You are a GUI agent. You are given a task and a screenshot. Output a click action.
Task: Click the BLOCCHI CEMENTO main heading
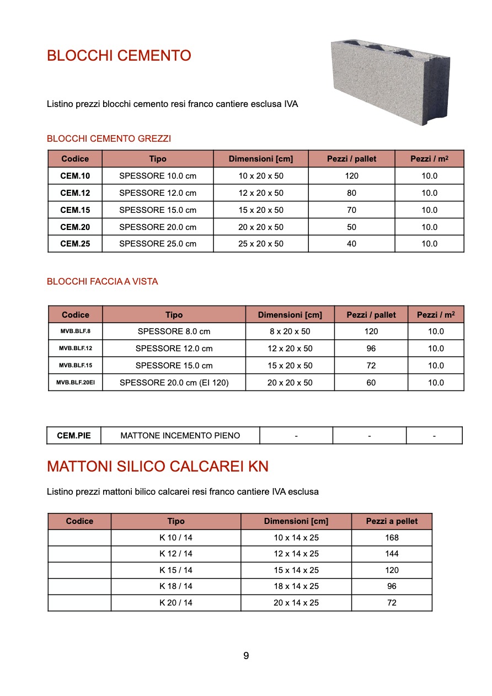pyautogui.click(x=119, y=56)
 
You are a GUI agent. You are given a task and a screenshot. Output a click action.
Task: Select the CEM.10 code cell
pyautogui.click(x=75, y=176)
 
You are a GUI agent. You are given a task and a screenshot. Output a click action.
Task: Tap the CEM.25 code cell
pyautogui.click(x=75, y=244)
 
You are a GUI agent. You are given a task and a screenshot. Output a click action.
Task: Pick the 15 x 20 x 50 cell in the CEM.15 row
pyautogui.click(x=261, y=210)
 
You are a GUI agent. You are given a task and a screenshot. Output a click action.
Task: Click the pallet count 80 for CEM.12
pyautogui.click(x=351, y=193)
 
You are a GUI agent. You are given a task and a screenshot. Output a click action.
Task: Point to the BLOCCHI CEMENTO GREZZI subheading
pyautogui.click(x=109, y=138)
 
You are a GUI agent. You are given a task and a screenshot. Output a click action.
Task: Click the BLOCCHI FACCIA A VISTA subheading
pyautogui.click(x=103, y=281)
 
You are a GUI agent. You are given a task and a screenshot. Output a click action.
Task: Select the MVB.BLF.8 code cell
pyautogui.click(x=76, y=331)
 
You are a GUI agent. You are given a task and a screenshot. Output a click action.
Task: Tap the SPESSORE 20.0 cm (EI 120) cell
pyautogui.click(x=174, y=383)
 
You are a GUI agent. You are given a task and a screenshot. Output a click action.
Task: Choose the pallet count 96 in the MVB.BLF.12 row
pyautogui.click(x=371, y=349)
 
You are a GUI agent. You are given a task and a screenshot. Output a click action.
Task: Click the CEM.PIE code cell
pyautogui.click(x=74, y=436)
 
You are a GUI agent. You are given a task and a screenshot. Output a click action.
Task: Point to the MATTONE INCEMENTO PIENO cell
pyautogui.click(x=180, y=436)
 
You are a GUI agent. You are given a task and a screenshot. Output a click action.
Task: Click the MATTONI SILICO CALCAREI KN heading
pyautogui.click(x=158, y=467)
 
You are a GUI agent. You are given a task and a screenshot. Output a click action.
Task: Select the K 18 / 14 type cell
pyautogui.click(x=176, y=586)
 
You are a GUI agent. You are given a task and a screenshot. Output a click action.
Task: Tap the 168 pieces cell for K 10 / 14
pyautogui.click(x=392, y=538)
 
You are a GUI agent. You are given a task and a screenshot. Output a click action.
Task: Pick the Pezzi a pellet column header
pyautogui.click(x=392, y=521)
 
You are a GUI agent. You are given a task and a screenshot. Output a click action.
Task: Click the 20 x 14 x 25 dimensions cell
pyautogui.click(x=296, y=603)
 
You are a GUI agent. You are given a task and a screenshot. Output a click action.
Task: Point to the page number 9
pyautogui.click(x=246, y=656)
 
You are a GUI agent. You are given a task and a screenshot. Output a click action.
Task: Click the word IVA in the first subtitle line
pyautogui.click(x=291, y=104)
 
